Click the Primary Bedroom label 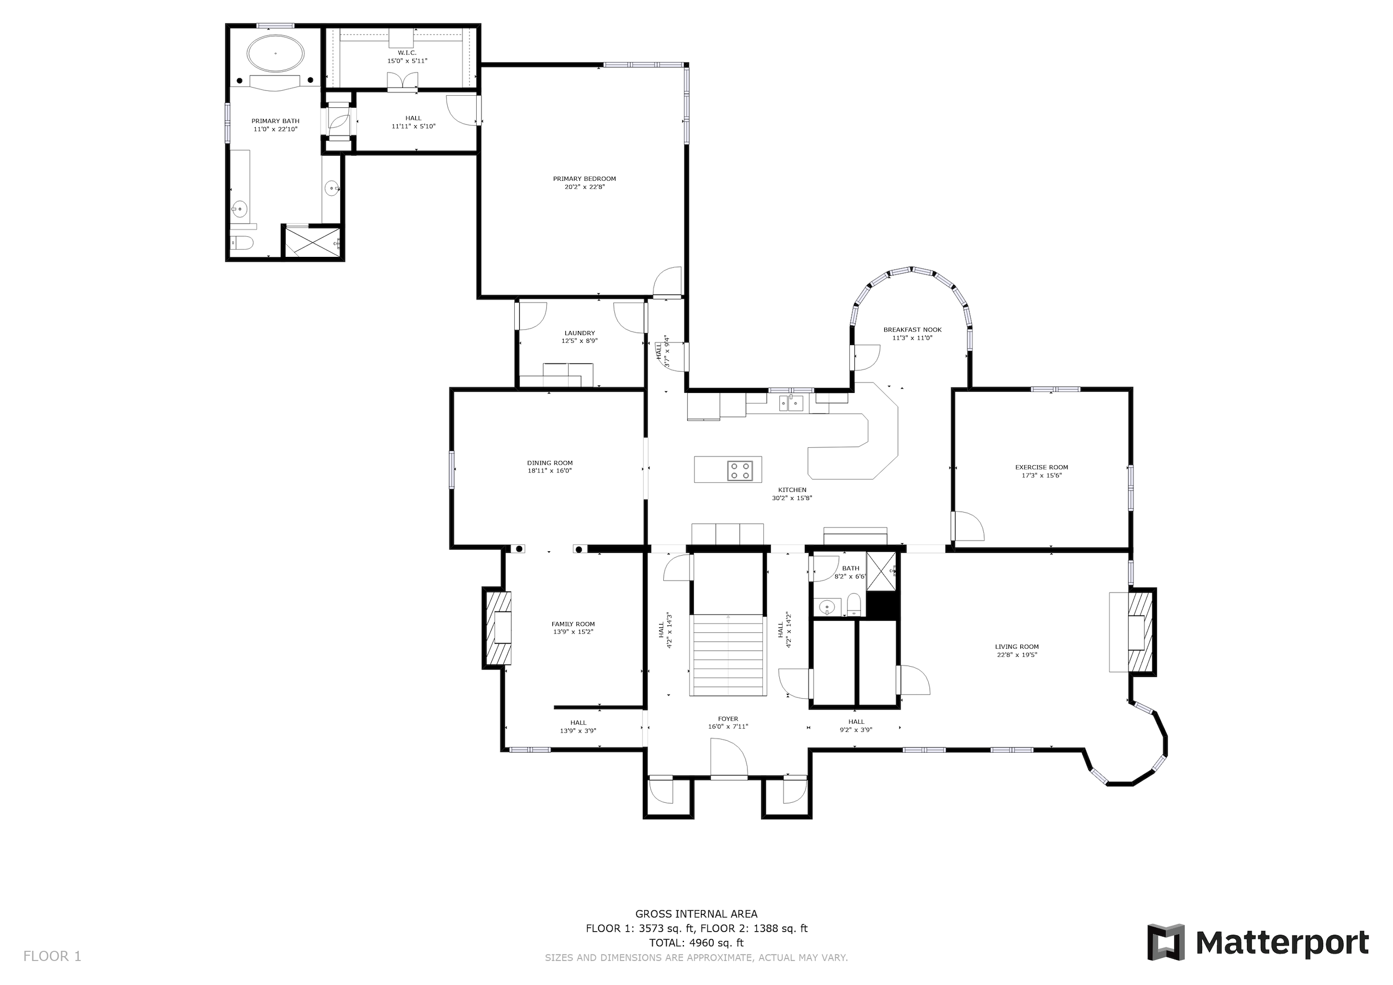pos(584,178)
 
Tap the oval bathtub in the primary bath pos(275,53)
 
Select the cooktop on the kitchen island pos(740,470)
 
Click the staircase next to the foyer pos(728,655)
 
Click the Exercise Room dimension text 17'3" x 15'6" pos(1041,475)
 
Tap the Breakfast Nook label pos(913,330)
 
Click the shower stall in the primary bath pos(313,242)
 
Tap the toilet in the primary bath pos(242,243)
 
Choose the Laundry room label pos(580,333)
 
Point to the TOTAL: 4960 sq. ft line pos(696,943)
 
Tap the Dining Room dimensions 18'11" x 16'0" pos(550,470)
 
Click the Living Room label pos(1017,647)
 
